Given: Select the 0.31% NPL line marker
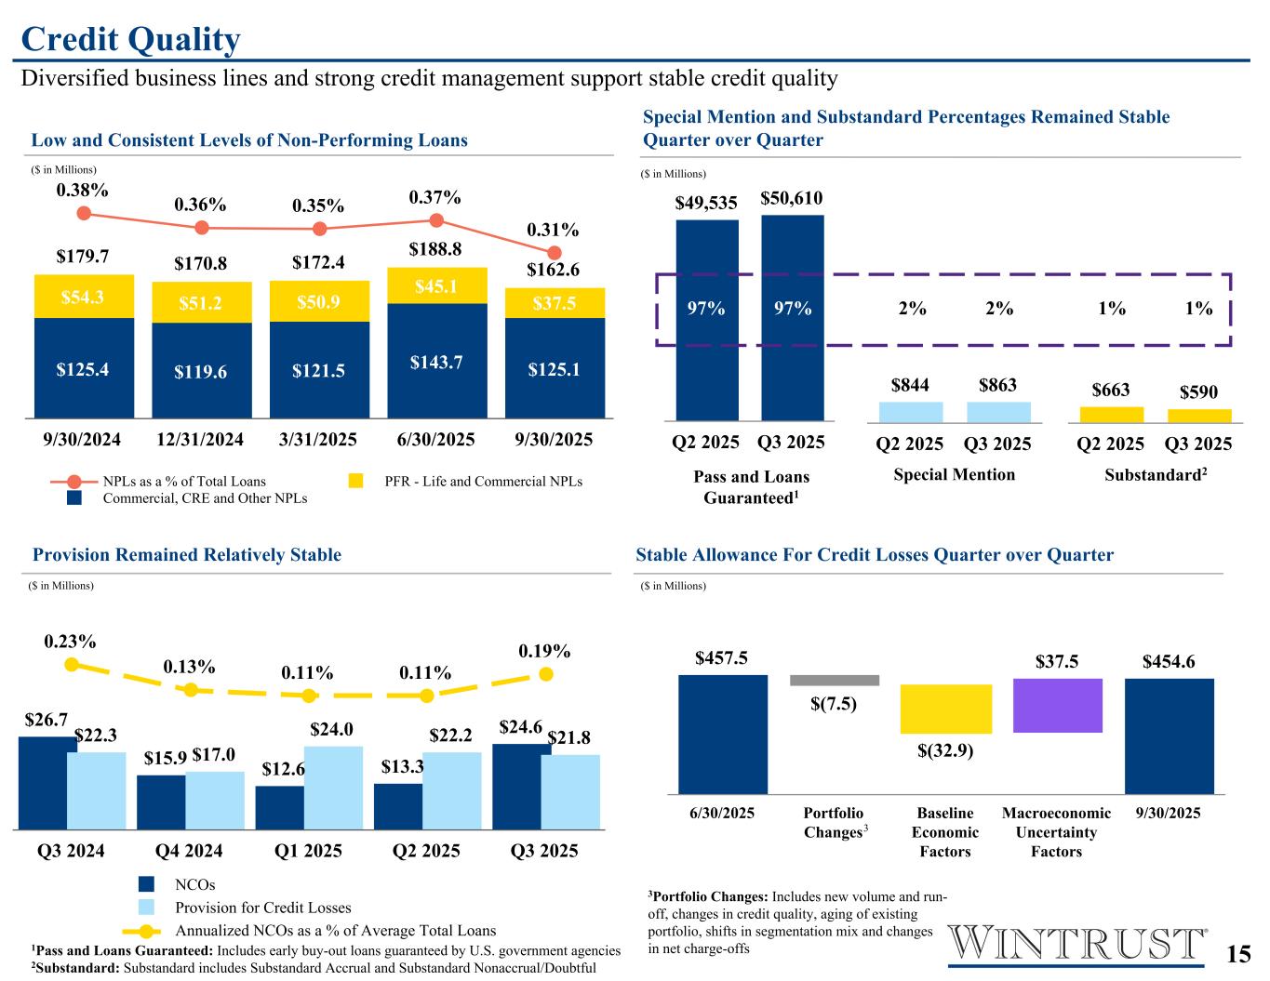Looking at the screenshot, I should pyautogui.click(x=555, y=252).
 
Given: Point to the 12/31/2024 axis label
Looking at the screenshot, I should pyautogui.click(x=201, y=439).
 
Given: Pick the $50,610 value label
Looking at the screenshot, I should pyautogui.click(x=792, y=198).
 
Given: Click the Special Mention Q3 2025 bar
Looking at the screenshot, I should pyautogui.click(x=998, y=411).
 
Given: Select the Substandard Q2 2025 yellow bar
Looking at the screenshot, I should pyautogui.click(x=1111, y=415).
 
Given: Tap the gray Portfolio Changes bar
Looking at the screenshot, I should pyautogui.click(x=834, y=680).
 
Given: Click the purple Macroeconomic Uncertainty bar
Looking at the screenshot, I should pyautogui.click(x=1057, y=705).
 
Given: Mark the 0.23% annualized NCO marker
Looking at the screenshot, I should pyautogui.click(x=71, y=664).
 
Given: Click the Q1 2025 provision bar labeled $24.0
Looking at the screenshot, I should pyautogui.click(x=333, y=787).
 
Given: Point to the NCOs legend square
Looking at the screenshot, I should pyautogui.click(x=146, y=884).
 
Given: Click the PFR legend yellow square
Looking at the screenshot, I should pyautogui.click(x=355, y=481).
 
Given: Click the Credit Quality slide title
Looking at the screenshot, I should pyautogui.click(x=130, y=39).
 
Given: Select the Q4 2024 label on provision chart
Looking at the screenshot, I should pyautogui.click(x=190, y=851).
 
